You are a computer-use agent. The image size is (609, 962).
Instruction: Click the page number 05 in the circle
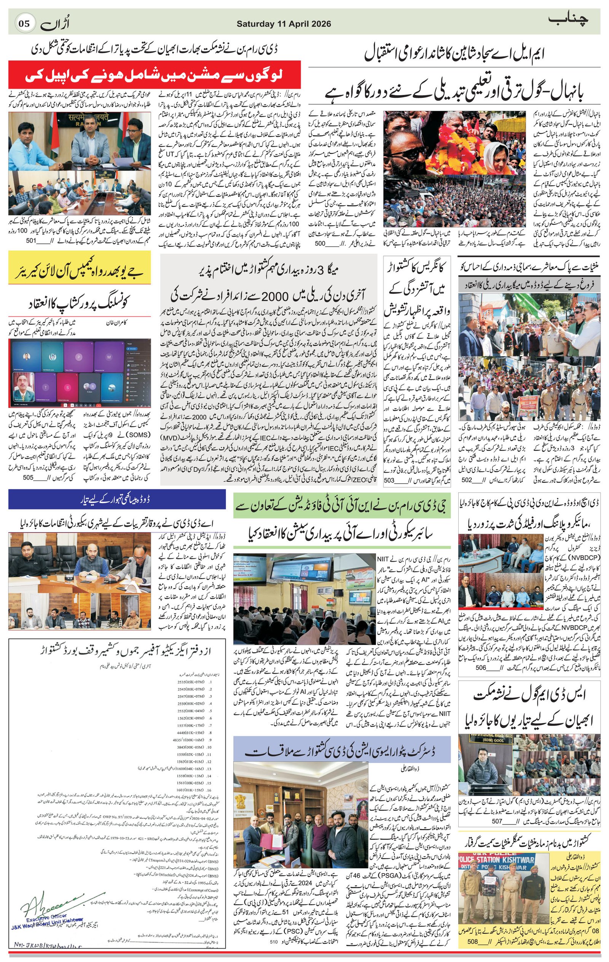(x=24, y=23)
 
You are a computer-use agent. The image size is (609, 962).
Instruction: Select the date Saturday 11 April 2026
(x=284, y=24)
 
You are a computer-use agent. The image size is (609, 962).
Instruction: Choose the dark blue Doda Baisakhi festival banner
(x=117, y=499)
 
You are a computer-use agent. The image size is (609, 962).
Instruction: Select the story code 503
(x=389, y=481)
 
